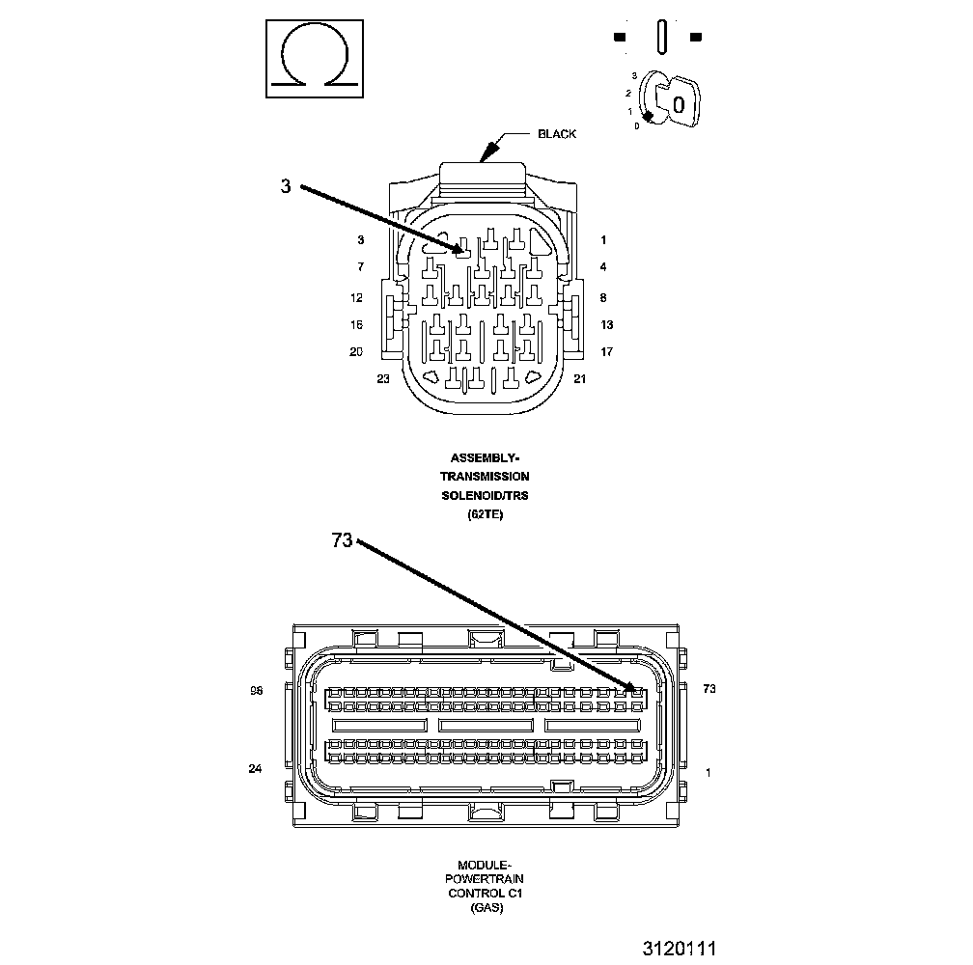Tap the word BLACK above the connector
coord(557,134)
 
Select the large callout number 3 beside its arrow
coord(286,187)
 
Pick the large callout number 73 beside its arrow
coord(343,541)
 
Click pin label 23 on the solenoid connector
coord(383,379)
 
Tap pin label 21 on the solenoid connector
coord(579,379)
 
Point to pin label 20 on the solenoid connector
coord(356,352)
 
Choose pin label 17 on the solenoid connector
coord(606,352)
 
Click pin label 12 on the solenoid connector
coord(356,298)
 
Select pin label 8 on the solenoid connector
coord(603,298)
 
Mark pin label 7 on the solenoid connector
coord(360,266)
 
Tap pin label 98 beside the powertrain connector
coord(257,690)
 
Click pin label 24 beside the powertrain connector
coord(256,769)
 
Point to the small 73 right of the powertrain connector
coord(709,689)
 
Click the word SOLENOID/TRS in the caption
coord(485,495)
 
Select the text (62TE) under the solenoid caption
coord(485,514)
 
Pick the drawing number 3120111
coord(680,949)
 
